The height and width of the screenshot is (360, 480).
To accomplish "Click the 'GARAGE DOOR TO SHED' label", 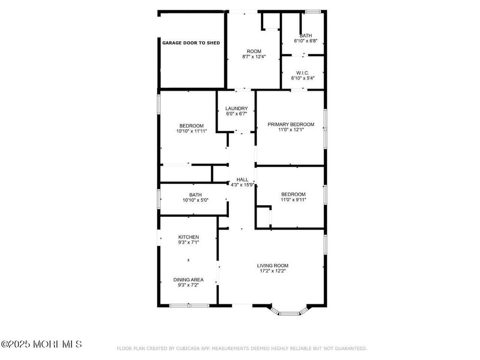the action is coord(191,43).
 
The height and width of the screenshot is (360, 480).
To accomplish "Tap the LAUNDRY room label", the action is coord(236,108).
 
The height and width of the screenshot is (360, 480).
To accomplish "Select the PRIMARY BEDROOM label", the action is coord(291,124).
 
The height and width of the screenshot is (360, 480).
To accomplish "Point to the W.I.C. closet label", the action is coord(302,73).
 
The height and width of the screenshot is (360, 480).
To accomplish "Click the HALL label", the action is coord(242,180).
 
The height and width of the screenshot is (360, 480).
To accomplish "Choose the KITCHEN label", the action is coord(189,237).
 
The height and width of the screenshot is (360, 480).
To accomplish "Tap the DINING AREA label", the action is coord(188,279).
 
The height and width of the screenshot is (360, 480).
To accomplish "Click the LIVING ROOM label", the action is coord(272,266).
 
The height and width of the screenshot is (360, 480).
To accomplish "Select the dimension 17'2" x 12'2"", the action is coord(272,271).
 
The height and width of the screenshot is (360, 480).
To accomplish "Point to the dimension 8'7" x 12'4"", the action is coord(254,56).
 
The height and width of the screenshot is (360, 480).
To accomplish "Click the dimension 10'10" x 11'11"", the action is coord(192,131).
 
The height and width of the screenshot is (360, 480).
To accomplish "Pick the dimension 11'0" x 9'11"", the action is coord(293,200).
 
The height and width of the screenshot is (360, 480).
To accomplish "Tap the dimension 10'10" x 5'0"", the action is coord(195,200).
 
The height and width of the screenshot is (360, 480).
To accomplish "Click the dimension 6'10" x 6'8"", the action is coord(305,41).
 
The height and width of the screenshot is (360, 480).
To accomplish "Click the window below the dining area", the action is coord(189,305).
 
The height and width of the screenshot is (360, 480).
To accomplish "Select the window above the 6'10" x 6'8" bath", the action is coord(313,12).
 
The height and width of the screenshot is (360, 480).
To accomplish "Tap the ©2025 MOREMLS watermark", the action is coord(41,344).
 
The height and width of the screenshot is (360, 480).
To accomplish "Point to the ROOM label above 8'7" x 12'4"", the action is coord(254,51).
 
